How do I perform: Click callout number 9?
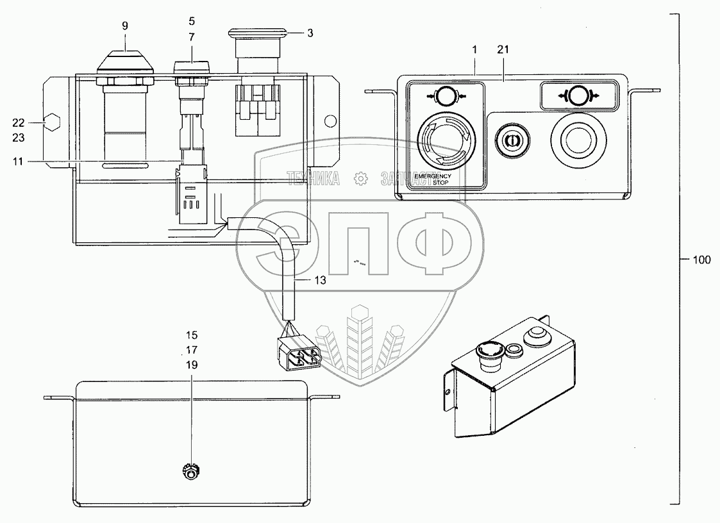(x=125, y=26)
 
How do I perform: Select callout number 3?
(x=310, y=32)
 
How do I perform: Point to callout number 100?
(x=701, y=260)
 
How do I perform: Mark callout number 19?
(x=192, y=365)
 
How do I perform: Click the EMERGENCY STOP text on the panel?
(x=433, y=178)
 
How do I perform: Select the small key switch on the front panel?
(x=511, y=139)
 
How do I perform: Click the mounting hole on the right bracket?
(x=331, y=120)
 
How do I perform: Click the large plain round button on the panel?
(x=580, y=139)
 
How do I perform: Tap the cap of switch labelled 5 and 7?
(x=192, y=66)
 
